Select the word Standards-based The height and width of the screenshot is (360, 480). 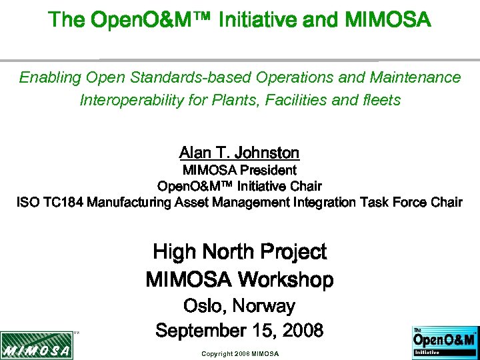click(160, 77)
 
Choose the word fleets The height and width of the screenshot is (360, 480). click(381, 101)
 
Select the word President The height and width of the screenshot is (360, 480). click(267, 170)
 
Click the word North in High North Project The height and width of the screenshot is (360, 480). click(227, 252)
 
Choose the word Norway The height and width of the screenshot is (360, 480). click(265, 306)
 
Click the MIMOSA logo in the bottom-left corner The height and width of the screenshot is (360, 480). click(36, 345)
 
